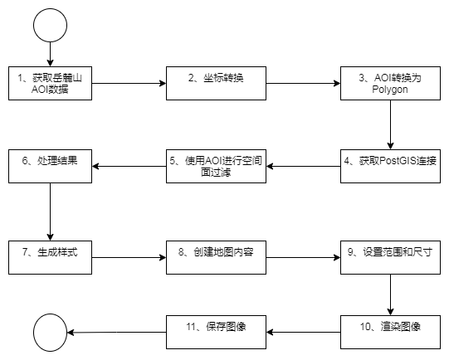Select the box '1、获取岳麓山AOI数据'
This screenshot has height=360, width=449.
[50, 83]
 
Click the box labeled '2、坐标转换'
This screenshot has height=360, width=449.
[216, 83]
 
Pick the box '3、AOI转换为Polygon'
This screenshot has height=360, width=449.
[390, 83]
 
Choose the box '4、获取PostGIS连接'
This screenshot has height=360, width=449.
[390, 166]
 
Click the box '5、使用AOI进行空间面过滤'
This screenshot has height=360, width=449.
[216, 166]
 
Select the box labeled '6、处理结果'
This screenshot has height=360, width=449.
[50, 166]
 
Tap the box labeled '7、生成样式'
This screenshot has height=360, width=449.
[50, 257]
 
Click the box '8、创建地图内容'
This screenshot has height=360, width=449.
[216, 257]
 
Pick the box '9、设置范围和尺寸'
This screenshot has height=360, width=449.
[390, 257]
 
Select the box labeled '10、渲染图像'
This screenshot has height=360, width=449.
[390, 333]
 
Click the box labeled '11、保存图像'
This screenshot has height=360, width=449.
[216, 333]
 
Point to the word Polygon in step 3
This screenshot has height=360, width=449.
[390, 90]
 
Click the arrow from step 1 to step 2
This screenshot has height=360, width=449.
[129, 83]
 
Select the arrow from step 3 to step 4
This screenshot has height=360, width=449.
[390, 124]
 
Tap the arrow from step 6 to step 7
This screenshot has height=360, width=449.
[50, 212]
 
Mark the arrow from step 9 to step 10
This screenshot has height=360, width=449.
[390, 294]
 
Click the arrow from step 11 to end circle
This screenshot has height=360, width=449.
[116, 333]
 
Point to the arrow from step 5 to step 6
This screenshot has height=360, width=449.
[129, 166]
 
